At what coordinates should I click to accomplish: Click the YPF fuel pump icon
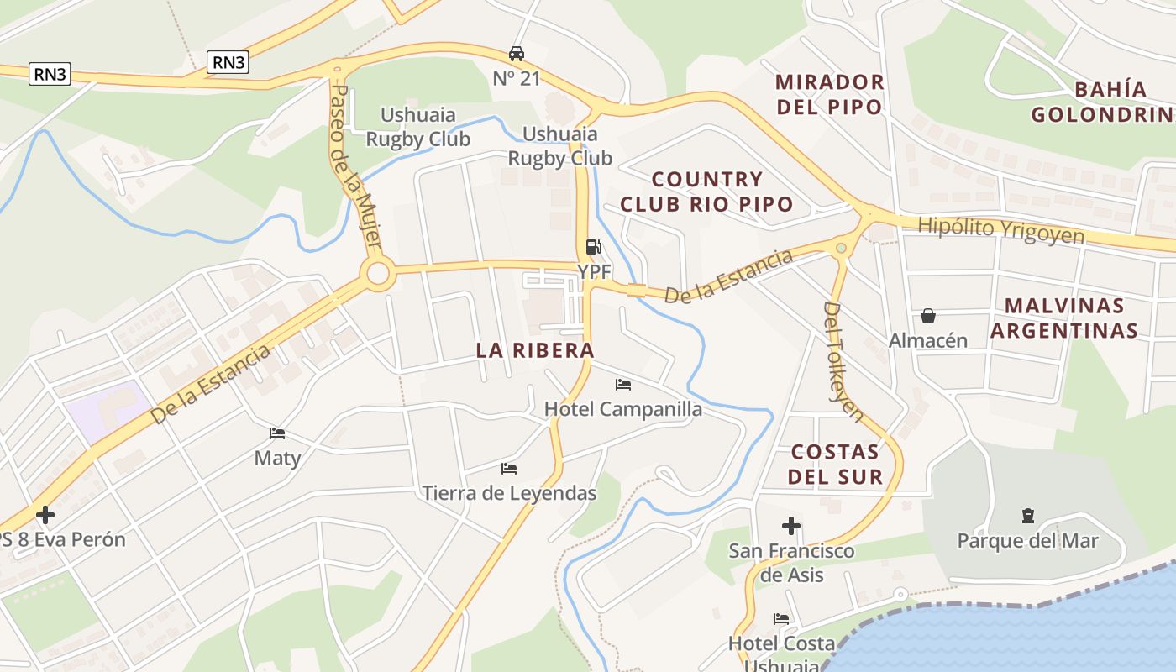(593, 247)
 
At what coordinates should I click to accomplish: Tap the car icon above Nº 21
(517, 54)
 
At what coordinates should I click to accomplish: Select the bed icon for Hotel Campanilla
(623, 385)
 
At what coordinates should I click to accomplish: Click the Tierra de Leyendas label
(509, 493)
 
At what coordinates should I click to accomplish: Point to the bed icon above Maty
(277, 433)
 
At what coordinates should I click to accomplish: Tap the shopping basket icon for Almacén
(928, 316)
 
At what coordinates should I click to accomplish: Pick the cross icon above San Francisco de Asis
(790, 527)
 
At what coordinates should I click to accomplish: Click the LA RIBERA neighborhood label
(535, 350)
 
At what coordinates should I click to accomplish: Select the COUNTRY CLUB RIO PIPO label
(706, 192)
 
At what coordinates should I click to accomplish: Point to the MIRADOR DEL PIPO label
(829, 94)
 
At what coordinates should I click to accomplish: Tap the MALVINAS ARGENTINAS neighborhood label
(1063, 318)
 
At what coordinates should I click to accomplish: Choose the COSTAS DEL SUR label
(837, 465)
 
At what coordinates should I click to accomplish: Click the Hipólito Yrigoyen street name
(1001, 229)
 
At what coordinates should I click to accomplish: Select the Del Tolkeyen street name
(842, 361)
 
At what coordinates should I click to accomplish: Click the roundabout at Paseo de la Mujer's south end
(378, 273)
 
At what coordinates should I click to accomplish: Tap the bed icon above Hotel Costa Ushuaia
(781, 619)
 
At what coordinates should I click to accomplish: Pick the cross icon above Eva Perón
(45, 514)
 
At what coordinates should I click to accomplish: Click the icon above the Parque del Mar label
(1027, 515)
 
